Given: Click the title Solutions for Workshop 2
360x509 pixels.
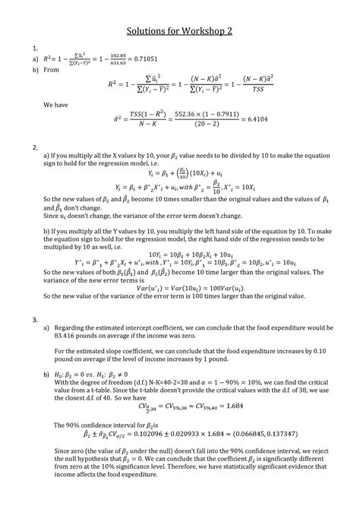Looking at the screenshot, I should pos(180,36).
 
